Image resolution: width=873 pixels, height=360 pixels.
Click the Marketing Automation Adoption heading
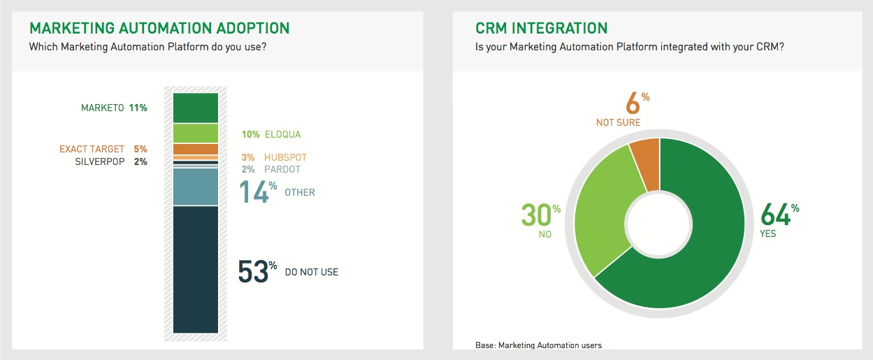pyautogui.click(x=159, y=28)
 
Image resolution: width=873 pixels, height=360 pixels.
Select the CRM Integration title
pyautogui.click(x=541, y=28)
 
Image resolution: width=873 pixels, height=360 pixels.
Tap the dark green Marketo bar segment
pyautogui.click(x=196, y=108)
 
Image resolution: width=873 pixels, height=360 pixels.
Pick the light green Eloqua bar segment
pyautogui.click(x=196, y=134)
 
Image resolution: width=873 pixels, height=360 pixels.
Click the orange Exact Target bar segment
pyautogui.click(x=196, y=149)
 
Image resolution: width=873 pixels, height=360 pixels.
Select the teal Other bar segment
pyautogui.click(x=196, y=187)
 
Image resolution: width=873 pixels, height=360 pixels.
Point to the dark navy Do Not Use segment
pyautogui.click(x=196, y=270)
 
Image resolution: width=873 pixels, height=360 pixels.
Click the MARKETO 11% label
pyautogui.click(x=114, y=108)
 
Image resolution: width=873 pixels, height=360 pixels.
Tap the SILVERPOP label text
pyautogui.click(x=100, y=161)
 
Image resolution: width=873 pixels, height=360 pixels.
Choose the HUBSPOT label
pyautogui.click(x=285, y=157)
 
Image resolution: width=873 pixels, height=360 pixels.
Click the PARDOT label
pyautogui.click(x=282, y=169)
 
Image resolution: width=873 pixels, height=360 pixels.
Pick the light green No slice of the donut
pyautogui.click(x=602, y=210)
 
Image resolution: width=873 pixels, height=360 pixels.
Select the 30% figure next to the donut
pyautogui.click(x=541, y=215)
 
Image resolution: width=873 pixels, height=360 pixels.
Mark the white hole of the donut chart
pyautogui.click(x=659, y=224)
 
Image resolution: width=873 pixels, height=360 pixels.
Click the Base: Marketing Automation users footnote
pyautogui.click(x=538, y=345)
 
